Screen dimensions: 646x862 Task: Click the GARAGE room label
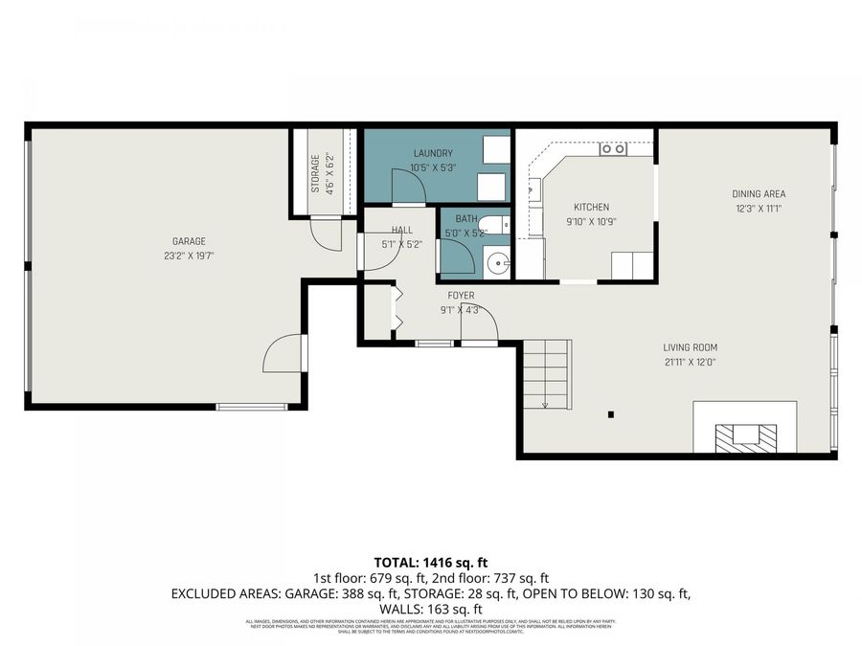189,241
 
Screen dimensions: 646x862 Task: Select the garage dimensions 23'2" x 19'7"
189,256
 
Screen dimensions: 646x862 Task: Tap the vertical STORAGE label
315,173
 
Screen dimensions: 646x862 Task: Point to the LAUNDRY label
433,153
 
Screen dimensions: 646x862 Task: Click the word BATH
466,219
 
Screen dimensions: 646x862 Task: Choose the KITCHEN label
591,207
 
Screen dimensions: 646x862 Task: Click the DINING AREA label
759,194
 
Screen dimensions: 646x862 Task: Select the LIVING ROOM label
690,347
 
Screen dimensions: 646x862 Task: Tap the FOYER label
461,296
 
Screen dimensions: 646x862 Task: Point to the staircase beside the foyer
547,374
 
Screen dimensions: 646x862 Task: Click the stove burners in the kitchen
612,149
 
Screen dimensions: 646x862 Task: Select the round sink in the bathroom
496,260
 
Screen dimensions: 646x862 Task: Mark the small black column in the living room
610,414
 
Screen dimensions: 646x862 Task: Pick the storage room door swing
328,234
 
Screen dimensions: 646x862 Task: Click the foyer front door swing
478,323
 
